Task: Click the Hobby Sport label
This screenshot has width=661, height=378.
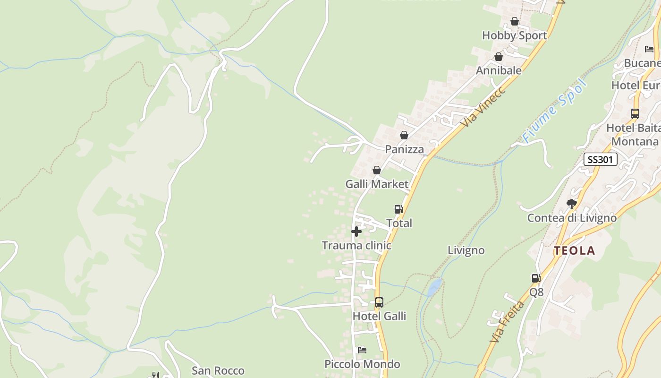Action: tap(514, 35)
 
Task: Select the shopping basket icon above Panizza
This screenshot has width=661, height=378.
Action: tap(404, 135)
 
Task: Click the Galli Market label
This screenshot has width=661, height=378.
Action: tap(376, 184)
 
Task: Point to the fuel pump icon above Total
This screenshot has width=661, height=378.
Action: tap(399, 209)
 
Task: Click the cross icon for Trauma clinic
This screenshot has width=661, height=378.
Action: tap(356, 232)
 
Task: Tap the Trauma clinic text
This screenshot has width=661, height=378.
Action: tap(356, 245)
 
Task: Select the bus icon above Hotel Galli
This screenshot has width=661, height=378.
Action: tap(379, 302)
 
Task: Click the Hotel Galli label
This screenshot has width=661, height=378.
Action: tap(379, 316)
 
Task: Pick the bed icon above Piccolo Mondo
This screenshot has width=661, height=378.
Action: tap(362, 350)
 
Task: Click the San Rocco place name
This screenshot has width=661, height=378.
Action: tap(218, 370)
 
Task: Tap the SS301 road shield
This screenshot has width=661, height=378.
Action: tap(600, 159)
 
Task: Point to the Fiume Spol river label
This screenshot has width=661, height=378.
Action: tap(554, 112)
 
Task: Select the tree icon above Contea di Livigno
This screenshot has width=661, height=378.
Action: tap(572, 204)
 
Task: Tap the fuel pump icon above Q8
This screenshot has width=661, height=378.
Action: tap(536, 278)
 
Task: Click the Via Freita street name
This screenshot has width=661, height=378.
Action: tap(507, 322)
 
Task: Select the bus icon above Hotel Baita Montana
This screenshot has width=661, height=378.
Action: tap(635, 114)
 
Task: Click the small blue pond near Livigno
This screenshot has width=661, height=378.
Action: tap(435, 287)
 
